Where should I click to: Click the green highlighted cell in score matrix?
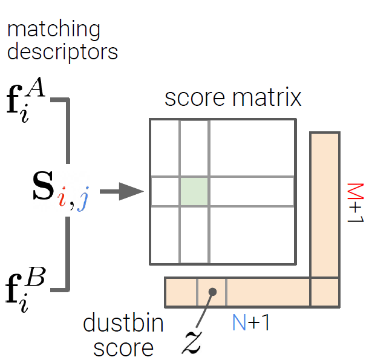[x=194, y=192]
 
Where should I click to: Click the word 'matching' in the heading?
[x=53, y=29]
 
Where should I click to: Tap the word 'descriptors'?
[x=62, y=51]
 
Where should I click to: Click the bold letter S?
[x=43, y=189]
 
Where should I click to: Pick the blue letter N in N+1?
[x=240, y=323]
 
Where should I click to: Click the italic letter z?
[x=193, y=342]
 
